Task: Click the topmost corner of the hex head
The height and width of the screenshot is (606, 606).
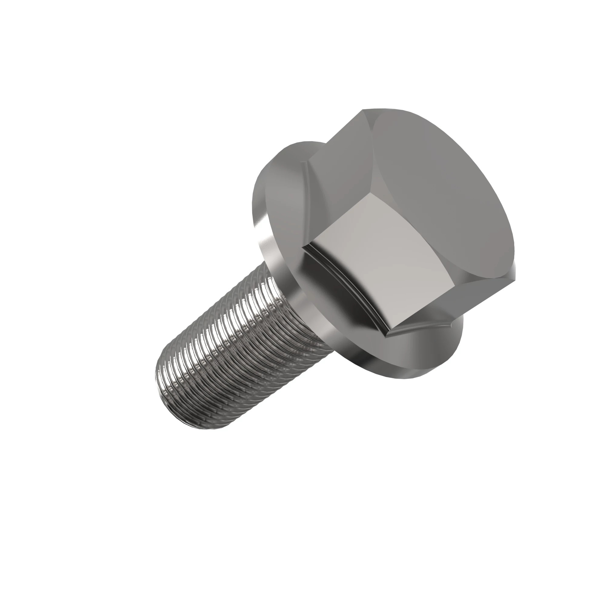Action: (x=364, y=109)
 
